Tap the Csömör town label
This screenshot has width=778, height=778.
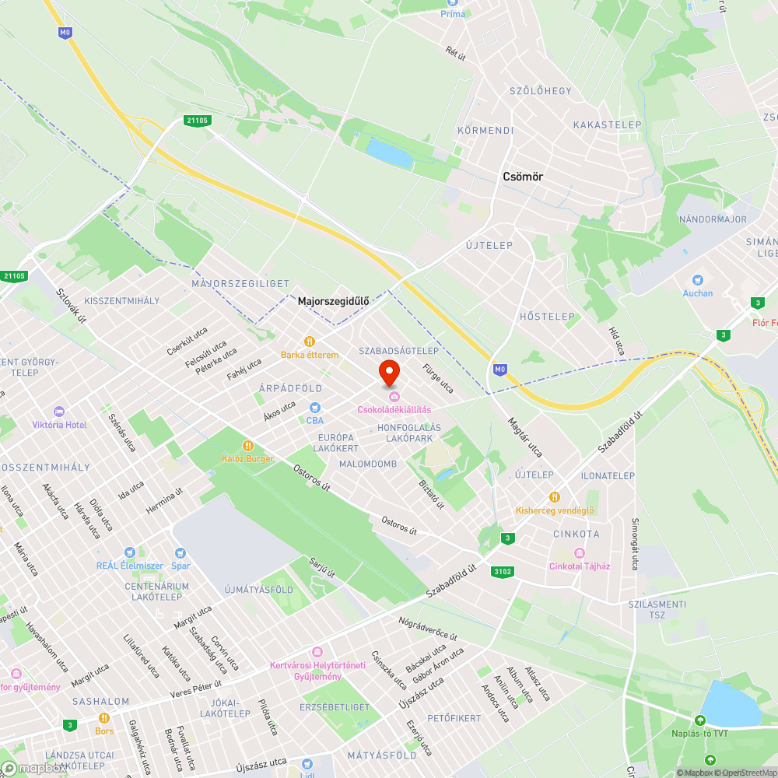523,177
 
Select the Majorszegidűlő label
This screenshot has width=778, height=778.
333,300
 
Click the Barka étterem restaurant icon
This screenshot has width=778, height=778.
310,341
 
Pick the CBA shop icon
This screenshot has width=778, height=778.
315,407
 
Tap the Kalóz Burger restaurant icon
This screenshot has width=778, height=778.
248,446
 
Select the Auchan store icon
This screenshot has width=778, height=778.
698,280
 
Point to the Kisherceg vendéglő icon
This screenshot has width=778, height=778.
555,496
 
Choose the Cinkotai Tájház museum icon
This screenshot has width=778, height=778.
580,552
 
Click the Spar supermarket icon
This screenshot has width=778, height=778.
180,552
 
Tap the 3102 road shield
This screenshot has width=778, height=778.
503,572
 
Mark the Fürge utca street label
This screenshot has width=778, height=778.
437,377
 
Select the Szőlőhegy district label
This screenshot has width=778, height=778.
540,91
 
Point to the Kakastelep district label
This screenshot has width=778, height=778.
607,124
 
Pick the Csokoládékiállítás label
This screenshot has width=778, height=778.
394,409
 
